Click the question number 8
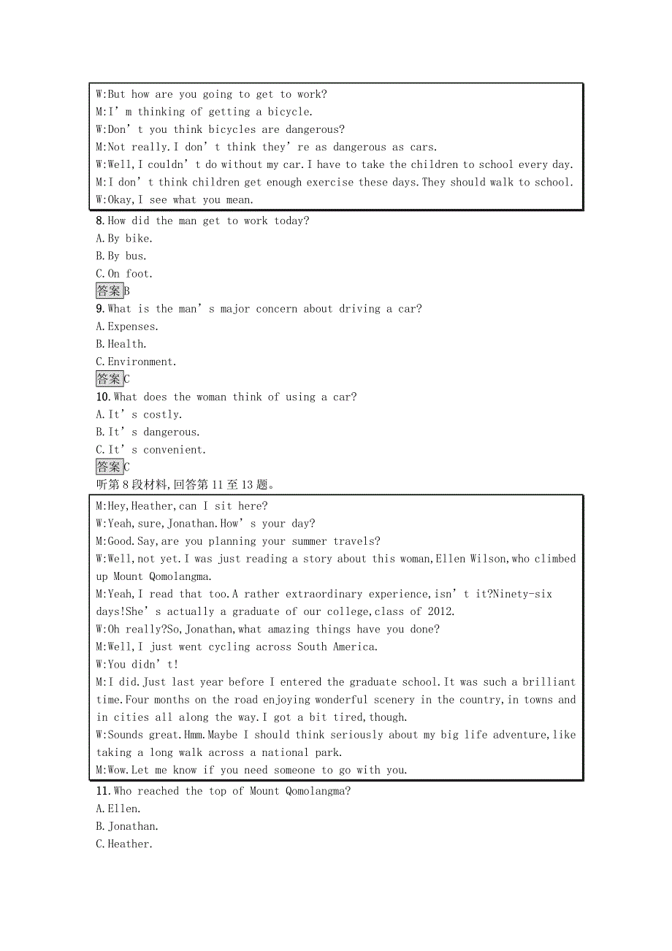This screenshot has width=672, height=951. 100,221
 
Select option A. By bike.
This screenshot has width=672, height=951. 124,238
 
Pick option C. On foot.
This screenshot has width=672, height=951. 124,274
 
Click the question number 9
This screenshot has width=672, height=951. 100,309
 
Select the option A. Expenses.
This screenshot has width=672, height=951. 127,326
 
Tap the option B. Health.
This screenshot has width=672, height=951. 121,344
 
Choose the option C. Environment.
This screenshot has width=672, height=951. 137,362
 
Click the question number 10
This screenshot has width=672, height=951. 103,397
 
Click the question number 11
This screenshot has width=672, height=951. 102,791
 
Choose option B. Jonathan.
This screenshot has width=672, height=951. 127,826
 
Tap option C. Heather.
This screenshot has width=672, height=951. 124,844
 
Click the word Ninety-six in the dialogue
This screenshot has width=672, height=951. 522,595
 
